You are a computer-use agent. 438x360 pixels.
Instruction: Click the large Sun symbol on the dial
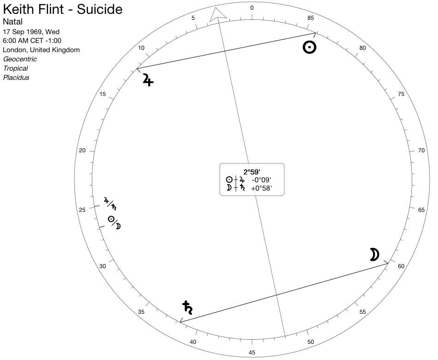[310, 47]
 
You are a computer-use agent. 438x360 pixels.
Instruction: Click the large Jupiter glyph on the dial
[148, 79]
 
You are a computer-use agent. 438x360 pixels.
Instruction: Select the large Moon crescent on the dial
[374, 254]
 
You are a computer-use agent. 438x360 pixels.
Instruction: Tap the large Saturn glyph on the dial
[187, 307]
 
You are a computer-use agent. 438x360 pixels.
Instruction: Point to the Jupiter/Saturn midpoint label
[110, 204]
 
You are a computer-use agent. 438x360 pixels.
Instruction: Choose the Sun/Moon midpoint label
[114, 222]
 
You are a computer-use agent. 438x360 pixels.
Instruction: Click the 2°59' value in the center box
[252, 172]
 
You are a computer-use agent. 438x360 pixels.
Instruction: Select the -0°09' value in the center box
[261, 180]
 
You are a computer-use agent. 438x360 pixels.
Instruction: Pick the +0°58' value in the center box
[261, 188]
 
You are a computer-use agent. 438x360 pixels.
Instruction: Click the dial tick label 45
[252, 353]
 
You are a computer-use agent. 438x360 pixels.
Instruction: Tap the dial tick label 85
[311, 18]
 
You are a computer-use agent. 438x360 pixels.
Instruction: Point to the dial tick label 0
[252, 8]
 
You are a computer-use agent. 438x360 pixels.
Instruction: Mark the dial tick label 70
[421, 150]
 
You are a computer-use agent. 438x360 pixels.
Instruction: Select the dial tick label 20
[82, 150]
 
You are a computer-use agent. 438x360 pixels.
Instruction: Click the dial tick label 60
[401, 266]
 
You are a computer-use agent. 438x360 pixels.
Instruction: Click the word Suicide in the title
[99, 9]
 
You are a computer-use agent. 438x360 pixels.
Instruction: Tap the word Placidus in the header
[16, 78]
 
